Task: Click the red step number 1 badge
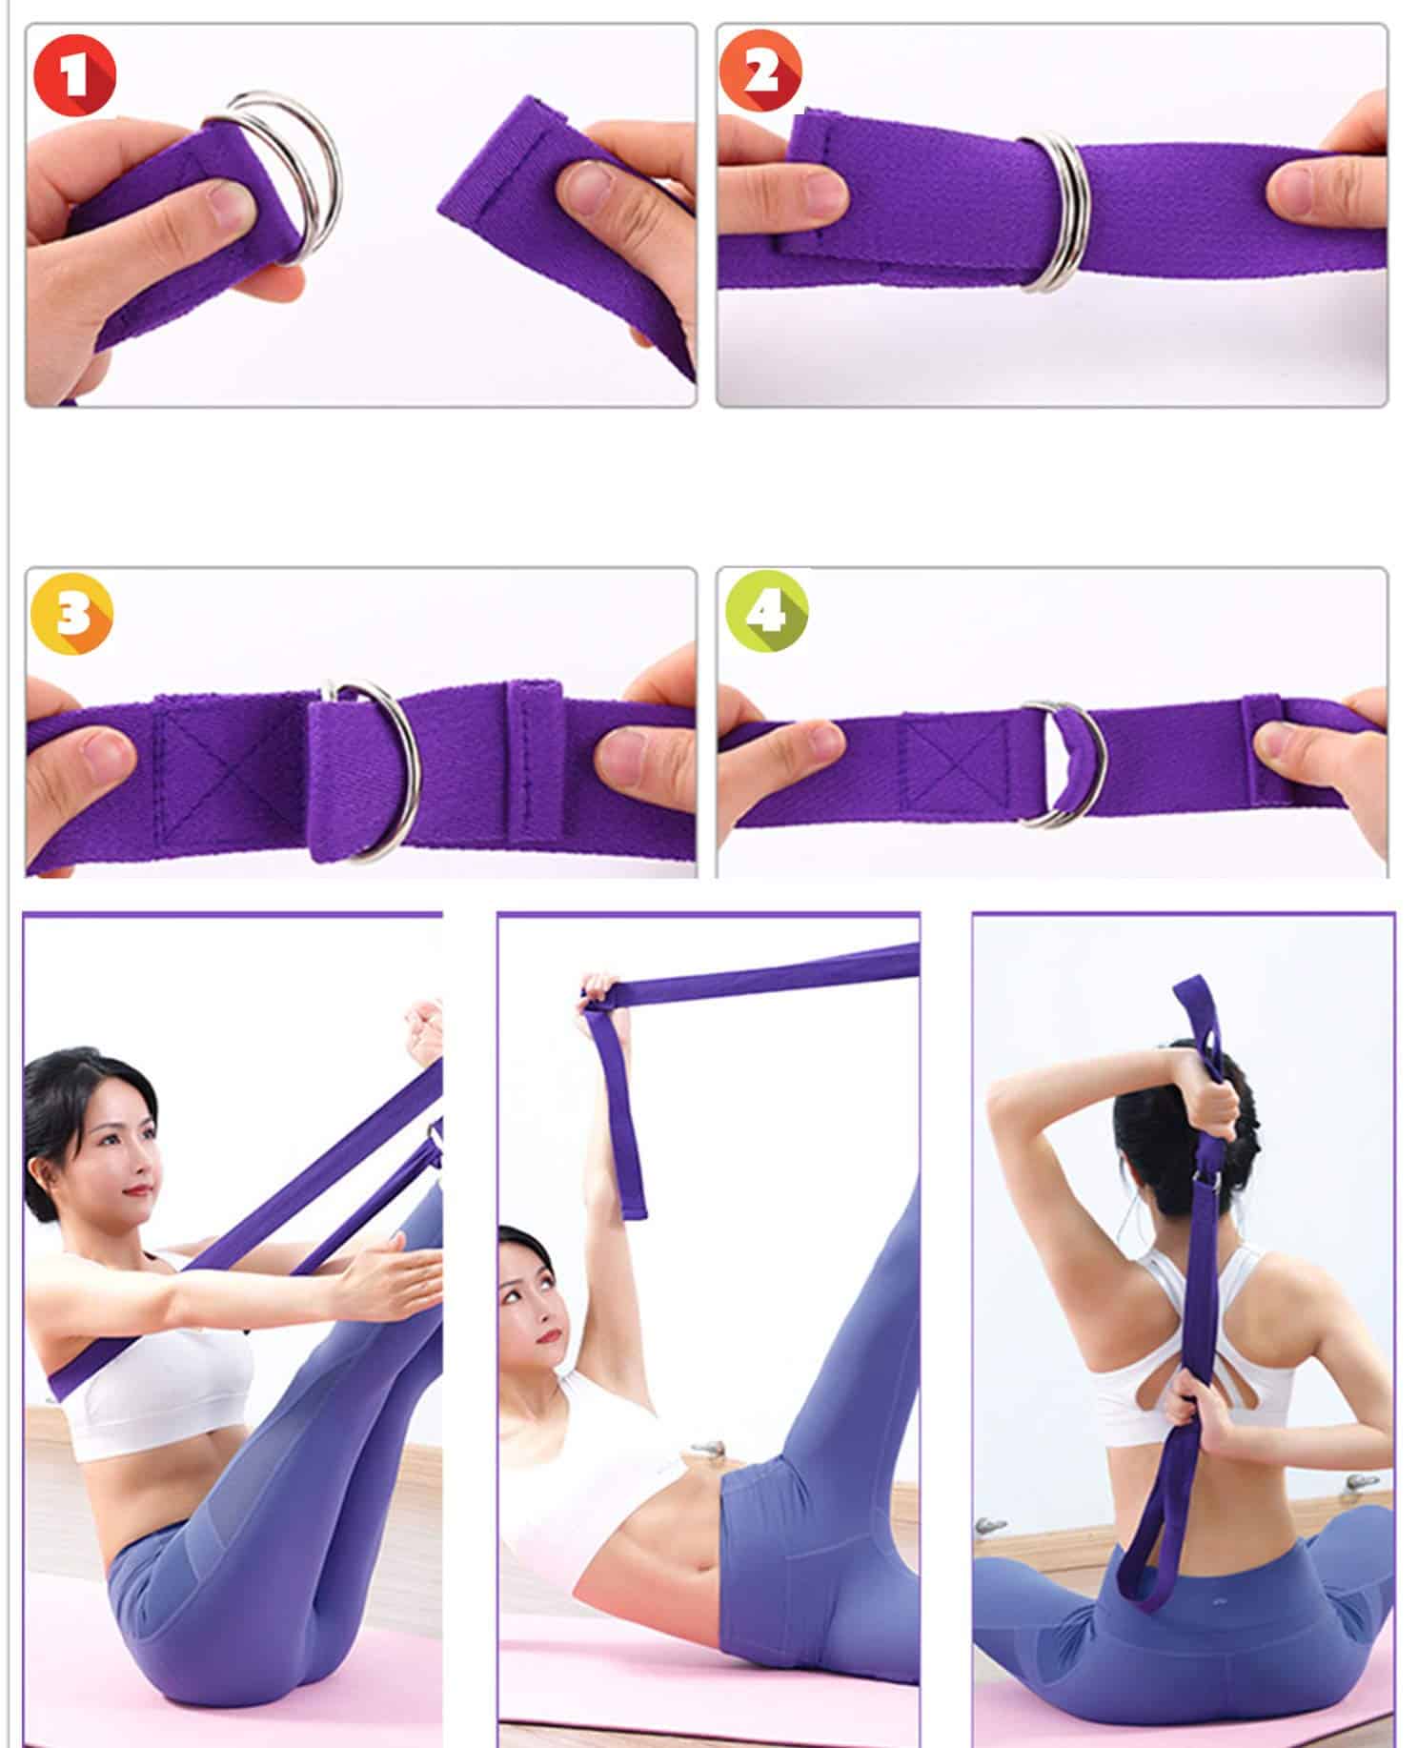[74, 74]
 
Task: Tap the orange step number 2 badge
[760, 71]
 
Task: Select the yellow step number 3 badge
[71, 614]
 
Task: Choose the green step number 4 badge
[767, 610]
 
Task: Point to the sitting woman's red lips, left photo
[142, 1189]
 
